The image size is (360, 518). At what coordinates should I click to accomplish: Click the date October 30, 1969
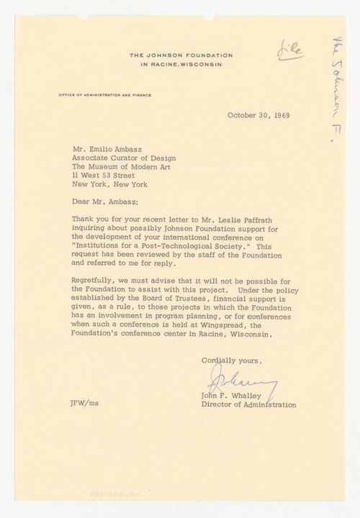(x=257, y=114)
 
